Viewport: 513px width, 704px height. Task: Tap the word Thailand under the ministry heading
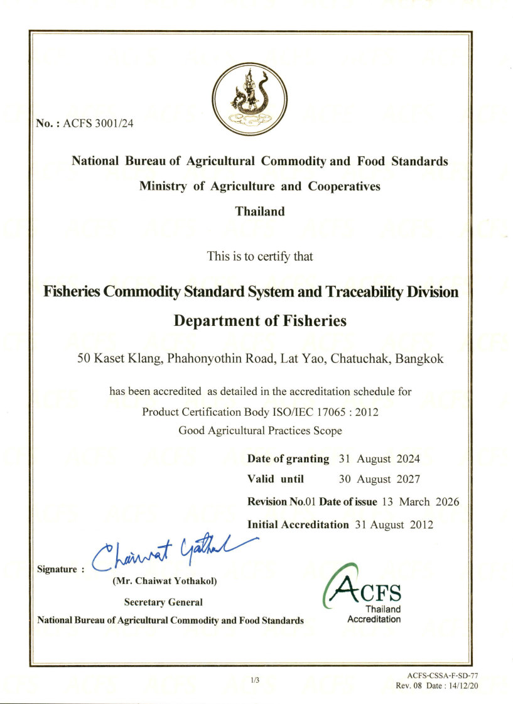[259, 212]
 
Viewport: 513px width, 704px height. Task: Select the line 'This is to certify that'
[259, 256]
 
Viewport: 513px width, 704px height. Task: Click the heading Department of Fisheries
[259, 321]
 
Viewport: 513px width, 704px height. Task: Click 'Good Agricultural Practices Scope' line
[260, 431]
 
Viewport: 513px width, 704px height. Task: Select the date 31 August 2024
[379, 459]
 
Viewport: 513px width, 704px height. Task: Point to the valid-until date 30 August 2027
[379, 479]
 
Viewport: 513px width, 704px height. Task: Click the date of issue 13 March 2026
[420, 502]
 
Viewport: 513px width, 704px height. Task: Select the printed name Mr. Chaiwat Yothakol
[165, 582]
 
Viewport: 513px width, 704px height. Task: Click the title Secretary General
[163, 602]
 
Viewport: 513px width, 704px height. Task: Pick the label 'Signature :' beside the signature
[60, 570]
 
